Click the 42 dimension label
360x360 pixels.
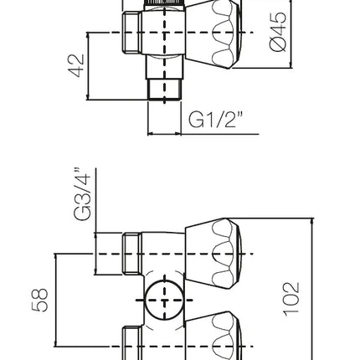tap(76, 65)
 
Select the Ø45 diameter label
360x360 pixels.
tap(278, 31)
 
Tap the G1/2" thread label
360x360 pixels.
tap(216, 120)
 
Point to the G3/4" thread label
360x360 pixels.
tap(82, 194)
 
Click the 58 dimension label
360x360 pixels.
tap(40, 300)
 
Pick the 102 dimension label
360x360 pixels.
tap(292, 300)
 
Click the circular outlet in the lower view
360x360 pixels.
tap(165, 301)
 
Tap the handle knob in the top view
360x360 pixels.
tap(213, 33)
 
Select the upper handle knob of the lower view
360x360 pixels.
tap(213, 254)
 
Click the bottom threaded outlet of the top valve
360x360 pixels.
tap(165, 89)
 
